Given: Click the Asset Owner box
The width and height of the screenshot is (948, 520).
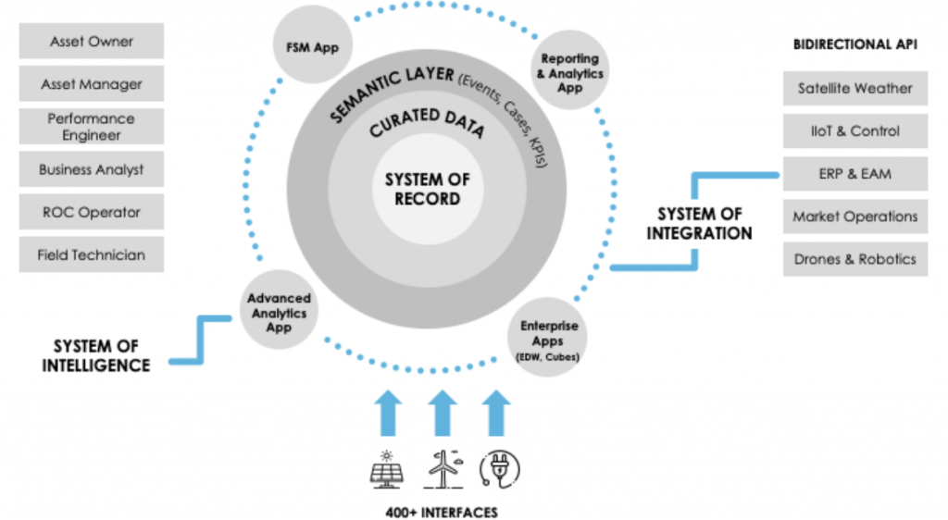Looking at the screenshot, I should (x=92, y=42).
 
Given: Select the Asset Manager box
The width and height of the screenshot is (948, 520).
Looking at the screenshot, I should (x=92, y=84).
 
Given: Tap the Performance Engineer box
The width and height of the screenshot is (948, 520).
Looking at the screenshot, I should (x=92, y=127).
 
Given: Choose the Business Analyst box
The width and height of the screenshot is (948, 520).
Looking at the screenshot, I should (x=92, y=170).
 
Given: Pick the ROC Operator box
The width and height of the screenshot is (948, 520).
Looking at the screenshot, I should (x=92, y=212).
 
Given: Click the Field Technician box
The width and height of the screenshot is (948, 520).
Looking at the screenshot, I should (x=92, y=254).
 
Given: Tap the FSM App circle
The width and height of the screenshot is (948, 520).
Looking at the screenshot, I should (x=313, y=46).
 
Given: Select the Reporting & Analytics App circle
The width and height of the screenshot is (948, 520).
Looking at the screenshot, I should (x=569, y=73).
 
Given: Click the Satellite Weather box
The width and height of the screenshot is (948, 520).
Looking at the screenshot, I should (x=854, y=89).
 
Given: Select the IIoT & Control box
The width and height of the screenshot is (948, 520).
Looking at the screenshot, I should (x=854, y=131).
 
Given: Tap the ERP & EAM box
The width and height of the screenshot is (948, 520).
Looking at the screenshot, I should (x=854, y=174).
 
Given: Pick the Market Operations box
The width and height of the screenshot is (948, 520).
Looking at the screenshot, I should (x=854, y=217).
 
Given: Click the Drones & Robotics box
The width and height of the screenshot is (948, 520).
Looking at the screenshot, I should (x=854, y=259).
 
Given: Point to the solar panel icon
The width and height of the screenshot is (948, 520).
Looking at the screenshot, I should (x=386, y=470).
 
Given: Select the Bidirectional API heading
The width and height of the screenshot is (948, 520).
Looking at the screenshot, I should (x=854, y=44).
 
